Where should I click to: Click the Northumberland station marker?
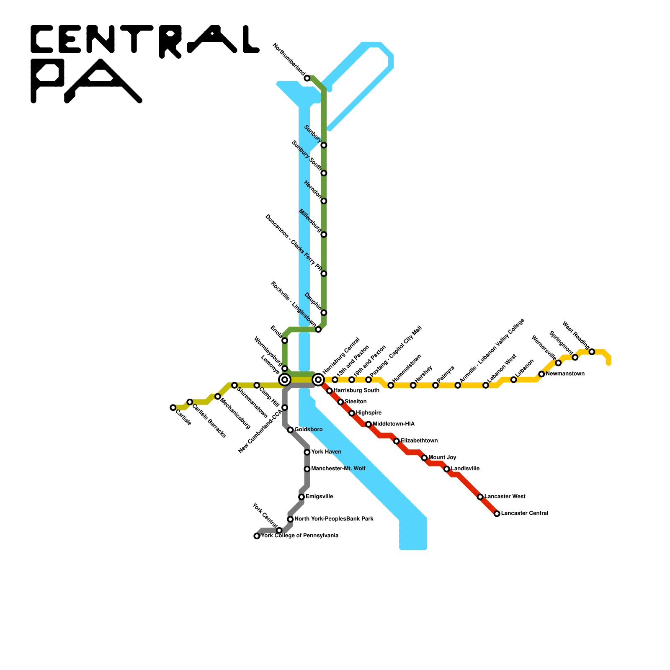[307, 78]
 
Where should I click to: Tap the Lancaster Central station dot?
[497, 514]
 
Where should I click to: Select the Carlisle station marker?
[173, 407]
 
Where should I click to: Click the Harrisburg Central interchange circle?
[318, 380]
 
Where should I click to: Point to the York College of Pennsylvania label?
[300, 536]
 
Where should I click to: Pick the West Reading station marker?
[592, 352]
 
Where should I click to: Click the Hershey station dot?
[413, 385]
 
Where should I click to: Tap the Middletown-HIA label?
[394, 424]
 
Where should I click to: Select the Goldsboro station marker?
[290, 430]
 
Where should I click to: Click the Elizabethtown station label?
[419, 441]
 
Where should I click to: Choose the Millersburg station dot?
[324, 234]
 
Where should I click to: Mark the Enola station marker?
[285, 340]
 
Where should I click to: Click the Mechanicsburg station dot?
[218, 397]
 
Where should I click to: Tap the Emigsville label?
[320, 497]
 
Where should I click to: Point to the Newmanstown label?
[565, 374]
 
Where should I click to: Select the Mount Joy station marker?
[424, 458]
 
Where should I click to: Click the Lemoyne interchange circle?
[285, 380]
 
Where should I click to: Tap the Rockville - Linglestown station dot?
[318, 330]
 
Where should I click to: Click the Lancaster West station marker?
[480, 497]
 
